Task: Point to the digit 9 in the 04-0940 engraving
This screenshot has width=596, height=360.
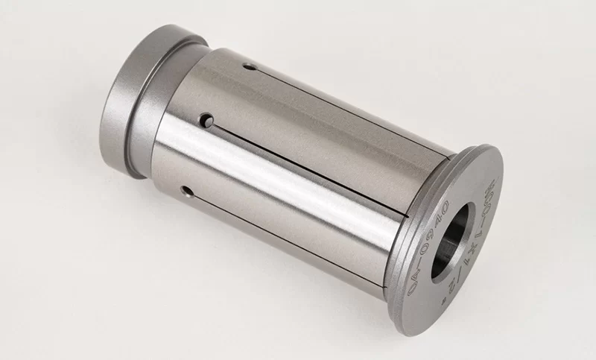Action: click(x=428, y=222)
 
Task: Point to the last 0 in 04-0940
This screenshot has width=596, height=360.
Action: click(x=446, y=200)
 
